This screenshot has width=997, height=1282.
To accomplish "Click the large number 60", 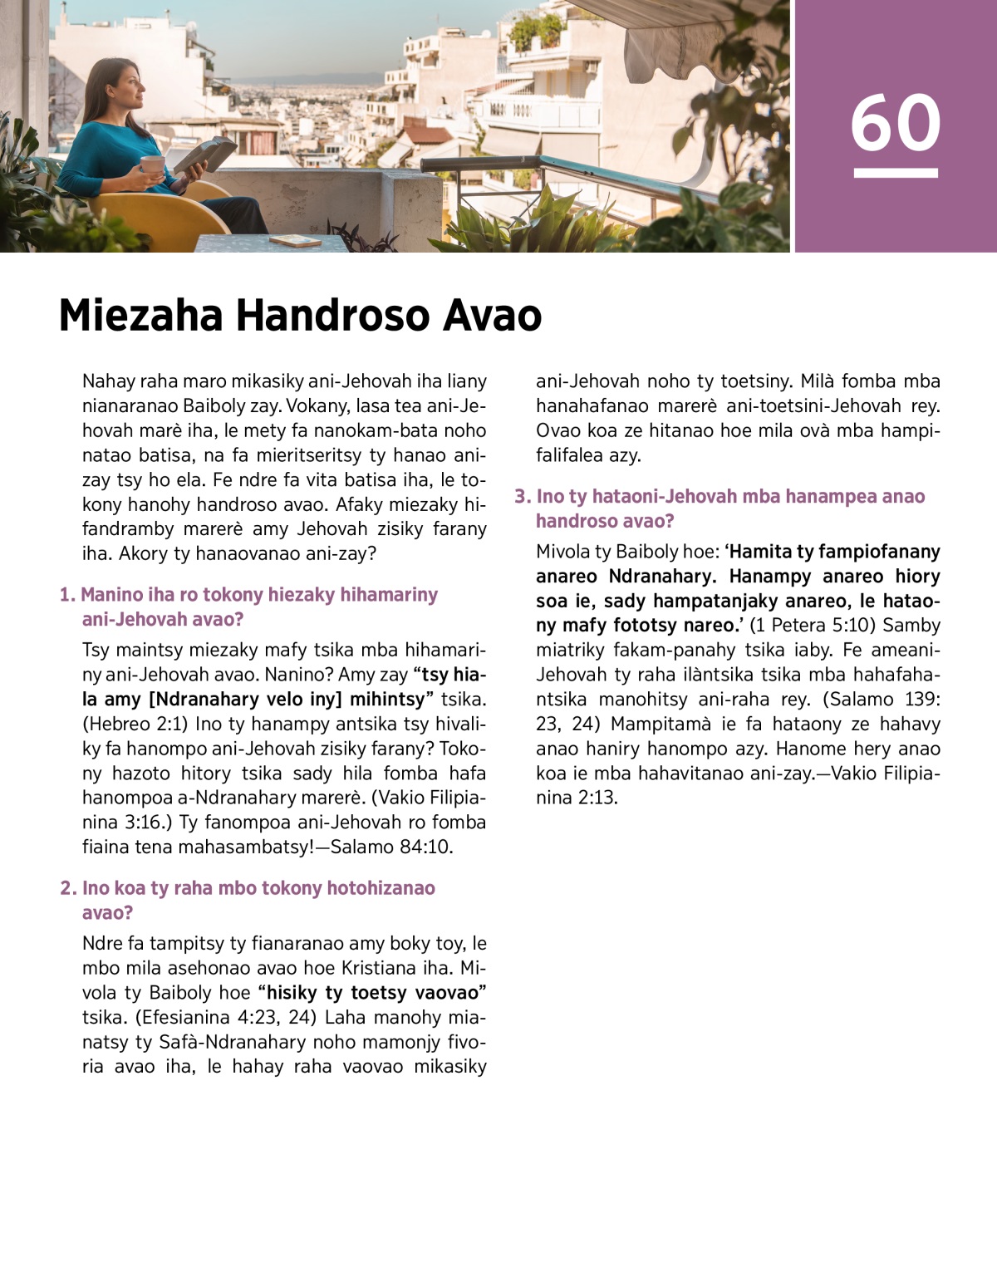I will click(x=895, y=123).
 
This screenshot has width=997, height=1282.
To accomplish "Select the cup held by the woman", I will click(x=152, y=165).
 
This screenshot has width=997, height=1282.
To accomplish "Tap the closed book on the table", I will click(x=295, y=241).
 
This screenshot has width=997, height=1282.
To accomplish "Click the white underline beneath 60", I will click(x=895, y=173).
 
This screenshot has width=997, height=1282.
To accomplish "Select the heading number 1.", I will click(x=66, y=595).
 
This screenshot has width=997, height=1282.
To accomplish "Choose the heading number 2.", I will click(x=67, y=888).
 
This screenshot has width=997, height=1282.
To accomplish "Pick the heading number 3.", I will click(x=522, y=497).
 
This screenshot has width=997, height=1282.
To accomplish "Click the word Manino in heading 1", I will click(x=111, y=595).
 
